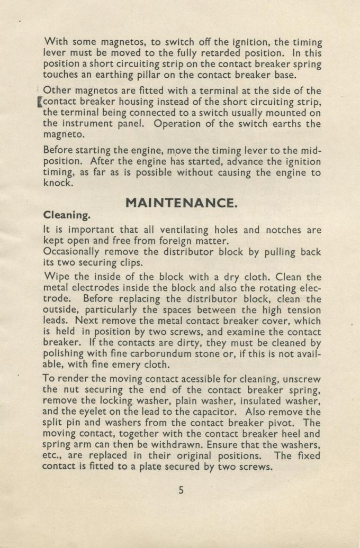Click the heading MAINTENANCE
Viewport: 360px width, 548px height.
(180, 203)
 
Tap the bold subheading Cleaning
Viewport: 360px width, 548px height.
(66, 216)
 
